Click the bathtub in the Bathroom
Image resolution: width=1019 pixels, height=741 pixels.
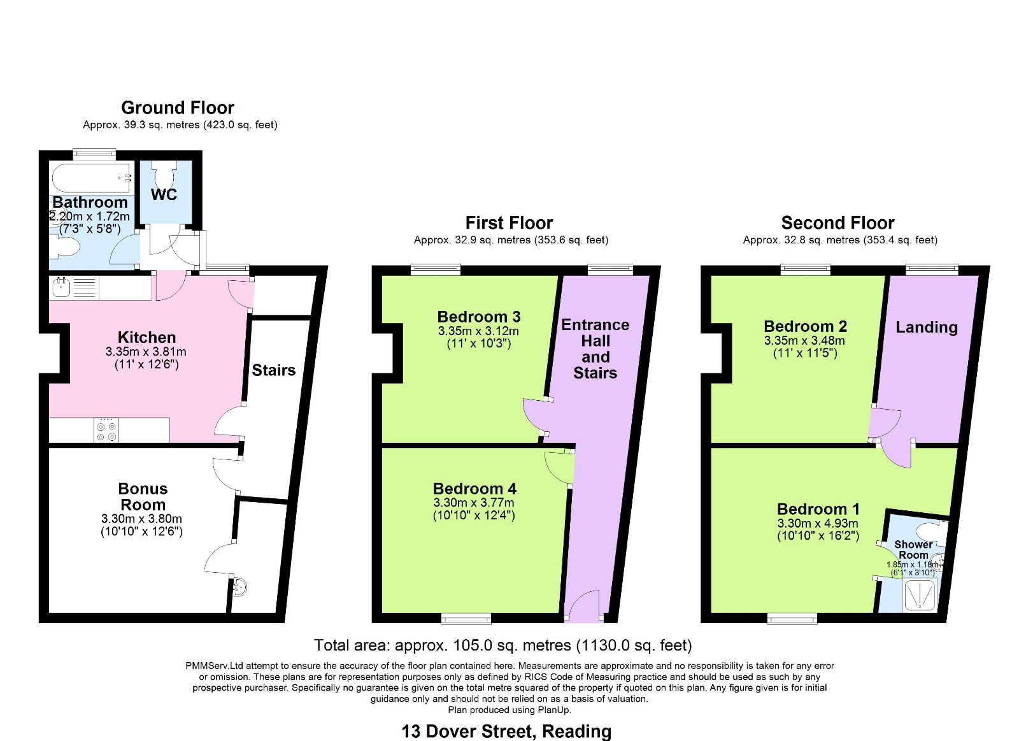[92, 178]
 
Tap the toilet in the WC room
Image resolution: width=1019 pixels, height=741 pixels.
[164, 172]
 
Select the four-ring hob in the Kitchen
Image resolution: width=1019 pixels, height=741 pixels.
[106, 430]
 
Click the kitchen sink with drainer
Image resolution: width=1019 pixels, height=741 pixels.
[75, 287]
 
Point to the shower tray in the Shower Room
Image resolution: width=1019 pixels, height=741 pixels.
[920, 595]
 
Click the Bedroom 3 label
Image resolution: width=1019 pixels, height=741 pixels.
[478, 316]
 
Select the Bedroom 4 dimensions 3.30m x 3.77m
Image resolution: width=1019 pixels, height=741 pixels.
[474, 503]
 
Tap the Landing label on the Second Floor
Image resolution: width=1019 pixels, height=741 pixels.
[927, 327]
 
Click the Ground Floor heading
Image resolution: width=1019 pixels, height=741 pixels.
[178, 108]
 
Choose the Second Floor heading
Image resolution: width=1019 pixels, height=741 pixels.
[837, 223]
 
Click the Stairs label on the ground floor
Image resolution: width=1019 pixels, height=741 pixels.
[274, 370]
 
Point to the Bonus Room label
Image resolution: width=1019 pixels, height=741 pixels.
[143, 496]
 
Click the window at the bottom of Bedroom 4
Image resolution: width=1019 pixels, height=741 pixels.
[466, 618]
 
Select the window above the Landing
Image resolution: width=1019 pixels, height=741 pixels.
[932, 270]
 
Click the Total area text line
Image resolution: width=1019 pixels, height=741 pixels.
[502, 645]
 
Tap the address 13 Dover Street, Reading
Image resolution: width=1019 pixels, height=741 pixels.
[506, 731]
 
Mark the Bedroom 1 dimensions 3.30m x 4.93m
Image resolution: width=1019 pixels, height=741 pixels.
[818, 523]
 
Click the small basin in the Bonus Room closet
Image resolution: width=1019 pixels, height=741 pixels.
[239, 587]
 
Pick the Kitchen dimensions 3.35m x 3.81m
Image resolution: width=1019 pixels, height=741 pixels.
[146, 352]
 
